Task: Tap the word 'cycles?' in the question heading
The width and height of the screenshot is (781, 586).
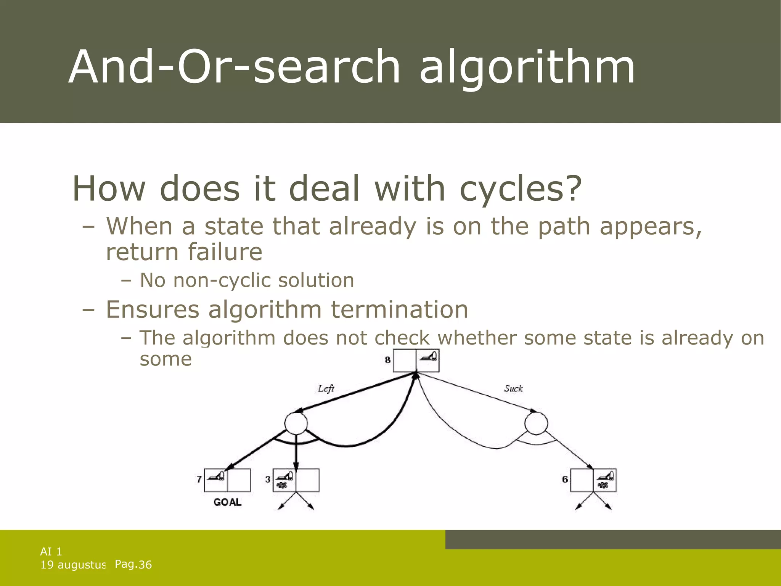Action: click(521, 188)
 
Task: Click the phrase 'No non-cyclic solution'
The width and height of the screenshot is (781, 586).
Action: click(247, 280)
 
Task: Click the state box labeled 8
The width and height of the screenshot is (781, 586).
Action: click(416, 361)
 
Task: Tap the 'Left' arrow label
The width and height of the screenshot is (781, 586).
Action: click(326, 388)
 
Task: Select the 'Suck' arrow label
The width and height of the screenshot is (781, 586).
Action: click(513, 388)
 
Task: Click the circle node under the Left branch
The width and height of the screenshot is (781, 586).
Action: click(296, 423)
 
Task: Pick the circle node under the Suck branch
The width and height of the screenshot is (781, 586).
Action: click(536, 423)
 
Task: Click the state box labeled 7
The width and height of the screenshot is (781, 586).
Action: click(227, 480)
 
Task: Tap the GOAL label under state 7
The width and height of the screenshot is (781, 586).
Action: click(227, 502)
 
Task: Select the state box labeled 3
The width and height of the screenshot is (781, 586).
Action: click(296, 480)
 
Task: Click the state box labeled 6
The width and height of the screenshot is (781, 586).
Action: click(593, 480)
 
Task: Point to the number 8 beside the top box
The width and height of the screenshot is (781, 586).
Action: click(388, 360)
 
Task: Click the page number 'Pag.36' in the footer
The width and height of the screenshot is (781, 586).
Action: click(133, 564)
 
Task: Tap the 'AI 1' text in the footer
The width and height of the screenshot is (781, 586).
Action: click(51, 551)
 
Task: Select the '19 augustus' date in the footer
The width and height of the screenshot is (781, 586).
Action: click(72, 565)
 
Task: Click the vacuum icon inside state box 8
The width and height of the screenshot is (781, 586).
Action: click(429, 357)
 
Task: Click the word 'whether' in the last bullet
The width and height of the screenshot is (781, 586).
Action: click(477, 338)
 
